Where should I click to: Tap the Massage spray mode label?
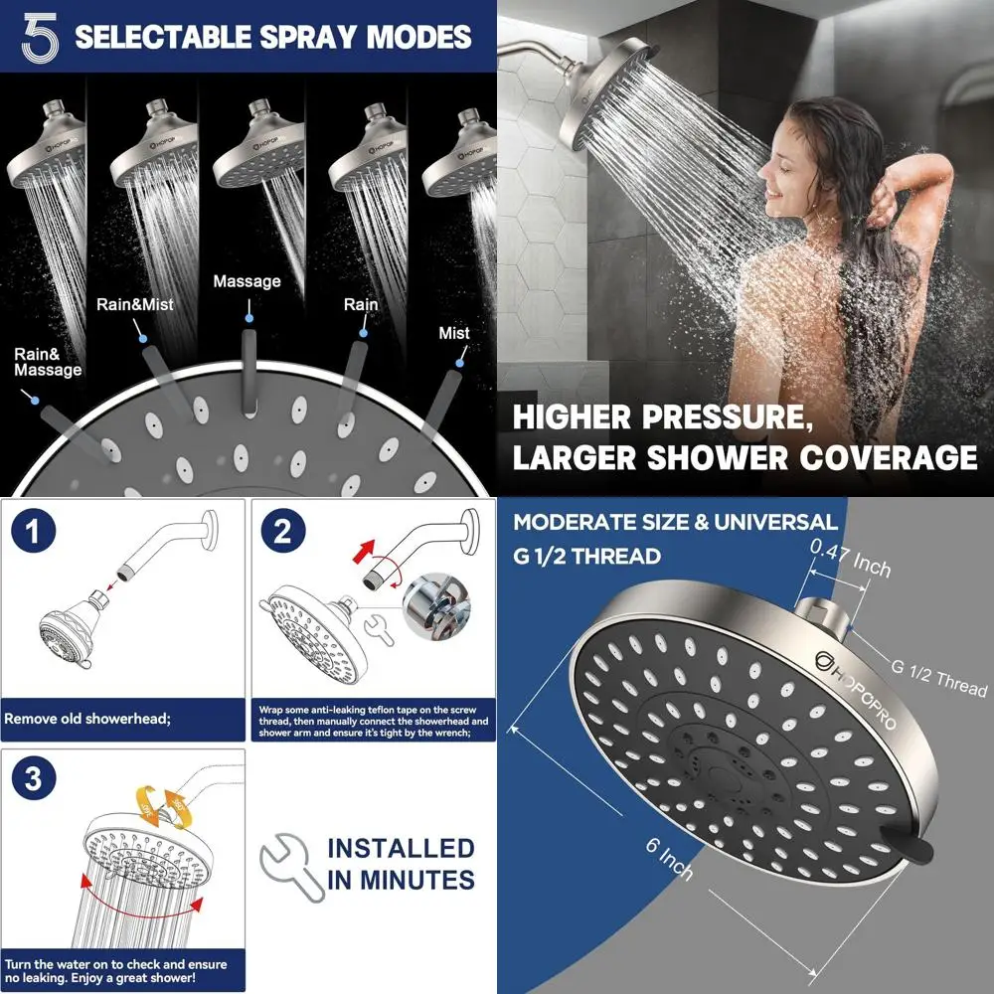[247, 281]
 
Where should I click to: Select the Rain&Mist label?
[134, 304]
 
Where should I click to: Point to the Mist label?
[454, 333]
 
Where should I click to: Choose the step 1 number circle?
[35, 532]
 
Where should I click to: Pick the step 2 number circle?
[282, 532]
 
